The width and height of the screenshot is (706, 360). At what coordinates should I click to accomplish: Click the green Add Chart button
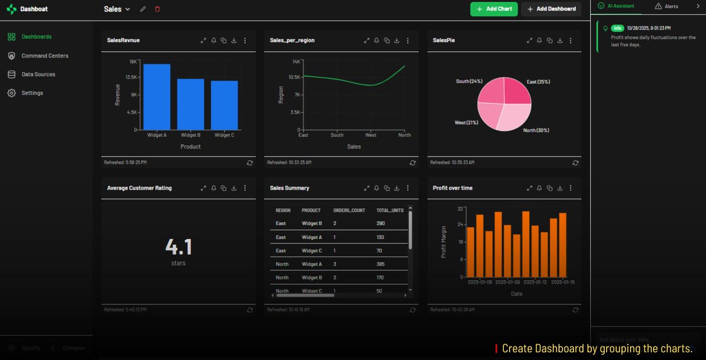[494, 9]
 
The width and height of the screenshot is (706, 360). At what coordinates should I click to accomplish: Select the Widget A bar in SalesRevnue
[156, 97]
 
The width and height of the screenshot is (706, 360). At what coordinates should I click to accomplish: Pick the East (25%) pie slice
[517, 91]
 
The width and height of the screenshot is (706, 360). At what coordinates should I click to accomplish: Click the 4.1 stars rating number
[178, 247]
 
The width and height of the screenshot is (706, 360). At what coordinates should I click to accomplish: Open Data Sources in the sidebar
[38, 74]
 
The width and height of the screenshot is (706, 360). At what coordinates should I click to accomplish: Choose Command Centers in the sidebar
[45, 55]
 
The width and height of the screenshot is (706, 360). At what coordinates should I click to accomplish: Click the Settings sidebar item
[32, 93]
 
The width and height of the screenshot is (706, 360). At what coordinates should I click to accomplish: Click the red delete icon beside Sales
[157, 9]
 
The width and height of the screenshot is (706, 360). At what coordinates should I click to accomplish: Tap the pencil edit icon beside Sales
[143, 9]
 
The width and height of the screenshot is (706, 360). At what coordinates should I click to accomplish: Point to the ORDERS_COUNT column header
[349, 210]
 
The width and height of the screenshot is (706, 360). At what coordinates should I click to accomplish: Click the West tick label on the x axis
[371, 135]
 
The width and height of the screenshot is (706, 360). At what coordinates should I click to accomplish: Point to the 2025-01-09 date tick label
[507, 282]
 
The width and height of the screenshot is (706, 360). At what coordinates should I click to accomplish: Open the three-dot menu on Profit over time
[571, 188]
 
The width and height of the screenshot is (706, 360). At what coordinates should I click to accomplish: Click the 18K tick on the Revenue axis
[133, 61]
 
